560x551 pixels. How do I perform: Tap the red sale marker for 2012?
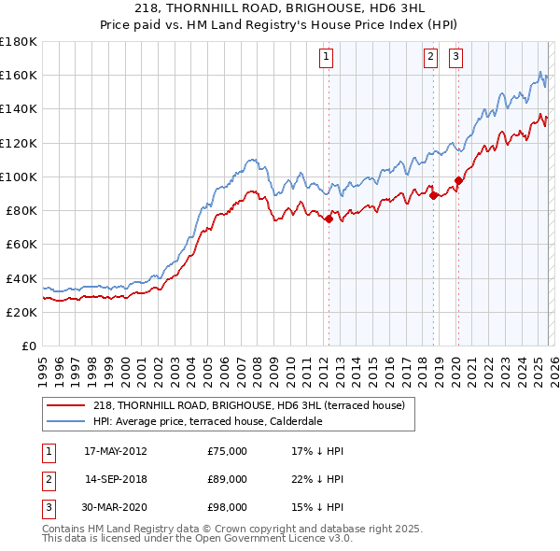329,219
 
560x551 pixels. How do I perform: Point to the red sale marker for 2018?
434,195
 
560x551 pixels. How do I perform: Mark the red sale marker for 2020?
458,180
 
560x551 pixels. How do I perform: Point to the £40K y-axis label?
21,278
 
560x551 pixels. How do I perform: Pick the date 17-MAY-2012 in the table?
115,451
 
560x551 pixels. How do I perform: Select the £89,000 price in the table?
227,479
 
